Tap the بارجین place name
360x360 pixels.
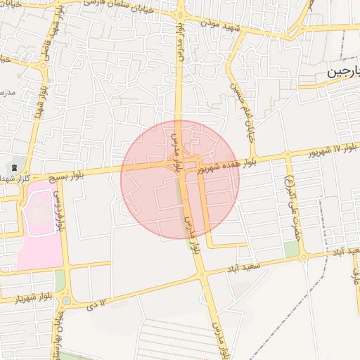pos(345,72)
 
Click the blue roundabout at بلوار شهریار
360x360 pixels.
pos(66,300)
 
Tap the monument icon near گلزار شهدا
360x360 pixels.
pos(15,167)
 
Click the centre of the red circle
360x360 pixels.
pos(180,179)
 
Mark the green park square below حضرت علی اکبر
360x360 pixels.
pos(291,249)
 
